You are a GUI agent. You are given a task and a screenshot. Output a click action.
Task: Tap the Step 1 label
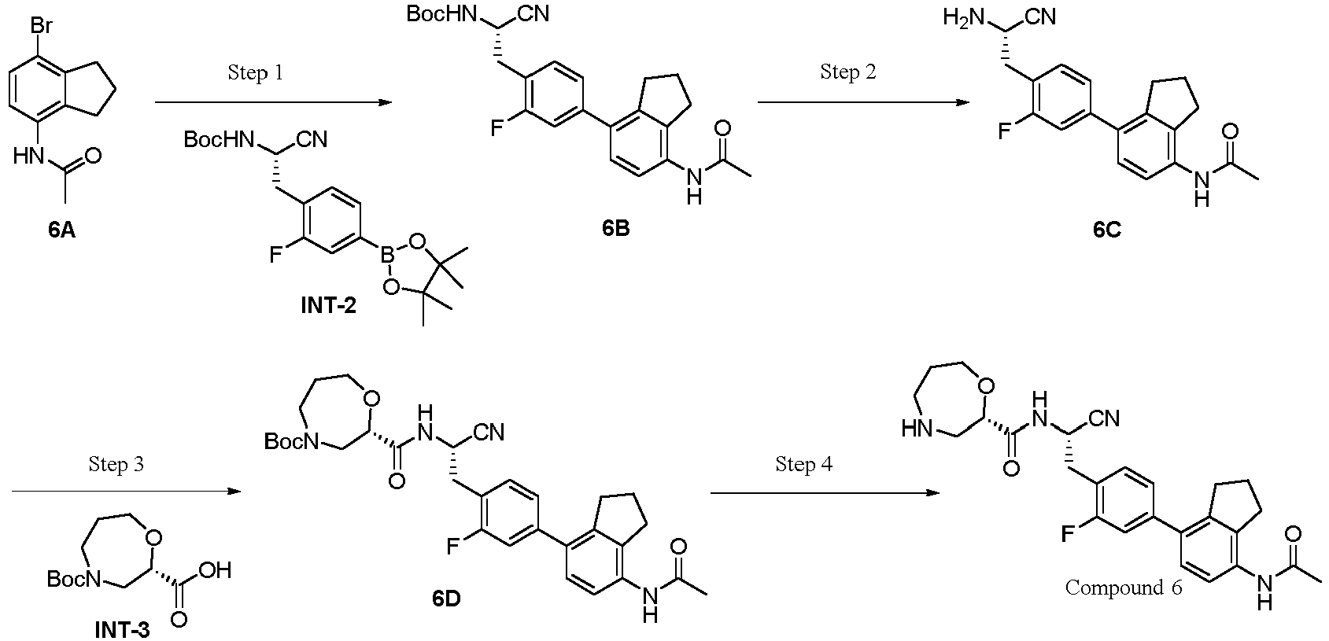(x=255, y=73)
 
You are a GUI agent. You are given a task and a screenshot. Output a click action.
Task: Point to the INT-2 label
(x=327, y=305)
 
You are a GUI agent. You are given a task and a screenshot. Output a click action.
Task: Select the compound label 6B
(x=616, y=229)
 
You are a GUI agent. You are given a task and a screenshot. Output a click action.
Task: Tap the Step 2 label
(x=848, y=72)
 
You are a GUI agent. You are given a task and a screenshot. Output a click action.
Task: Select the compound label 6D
(x=446, y=599)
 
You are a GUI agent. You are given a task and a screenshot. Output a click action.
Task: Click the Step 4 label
(x=803, y=464)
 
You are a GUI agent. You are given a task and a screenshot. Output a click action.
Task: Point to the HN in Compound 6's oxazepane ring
(x=916, y=429)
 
